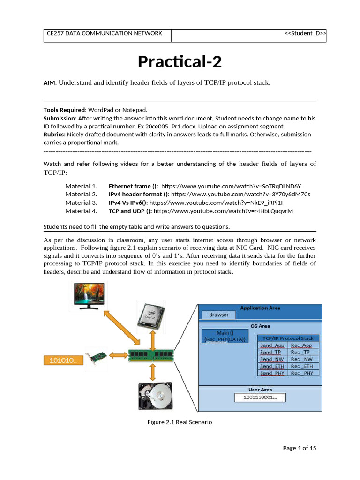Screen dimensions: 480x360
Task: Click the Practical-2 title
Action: [x=180, y=62]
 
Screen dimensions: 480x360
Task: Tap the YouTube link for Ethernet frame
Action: [x=231, y=186]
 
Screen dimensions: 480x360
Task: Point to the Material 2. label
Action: [x=81, y=194]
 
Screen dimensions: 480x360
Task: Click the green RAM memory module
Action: [x=151, y=355]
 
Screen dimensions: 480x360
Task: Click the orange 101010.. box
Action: [x=63, y=360]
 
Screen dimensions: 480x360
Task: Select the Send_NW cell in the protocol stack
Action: [x=272, y=359]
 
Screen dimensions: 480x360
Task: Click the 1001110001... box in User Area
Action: [x=260, y=397]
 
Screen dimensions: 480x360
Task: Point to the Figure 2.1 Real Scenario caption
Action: [x=180, y=422]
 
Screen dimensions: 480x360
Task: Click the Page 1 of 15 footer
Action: [x=300, y=448]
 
